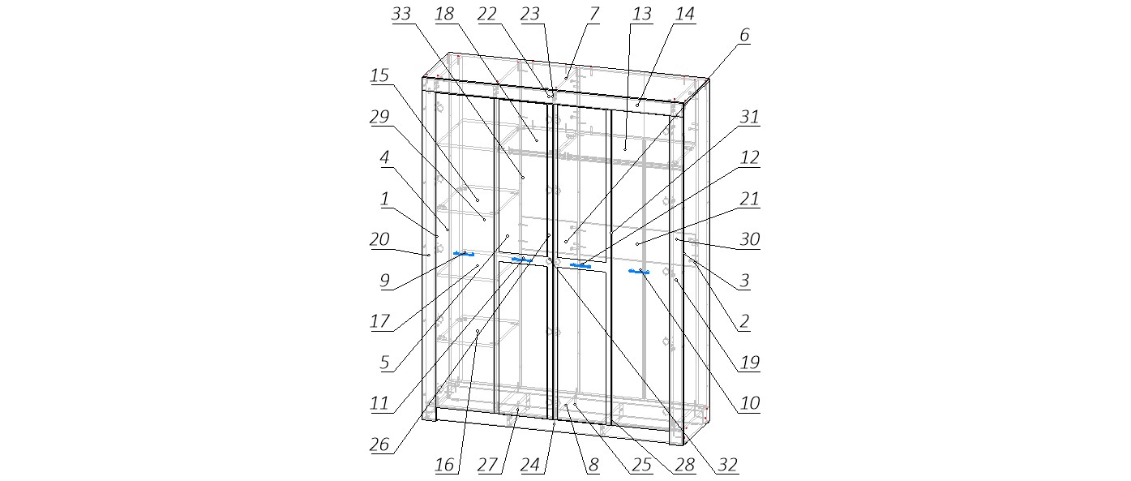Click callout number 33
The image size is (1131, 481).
(x=401, y=14)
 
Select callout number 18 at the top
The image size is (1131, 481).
(x=444, y=14)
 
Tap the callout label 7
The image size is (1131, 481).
(x=593, y=14)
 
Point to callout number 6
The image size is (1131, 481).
(x=744, y=35)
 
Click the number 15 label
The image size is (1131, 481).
(x=379, y=75)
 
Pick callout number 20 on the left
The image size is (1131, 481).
(x=379, y=239)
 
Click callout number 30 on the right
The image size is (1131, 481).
(x=750, y=239)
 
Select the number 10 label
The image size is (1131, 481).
(x=750, y=403)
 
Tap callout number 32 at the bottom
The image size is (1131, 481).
(x=727, y=465)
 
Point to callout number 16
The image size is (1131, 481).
(x=444, y=465)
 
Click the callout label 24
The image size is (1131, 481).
(x=530, y=465)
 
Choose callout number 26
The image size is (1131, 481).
(x=379, y=444)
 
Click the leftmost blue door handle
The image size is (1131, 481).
(x=464, y=254)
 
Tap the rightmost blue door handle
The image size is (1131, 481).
(x=639, y=272)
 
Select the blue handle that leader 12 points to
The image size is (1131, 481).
(x=580, y=266)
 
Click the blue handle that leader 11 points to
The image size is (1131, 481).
(x=522, y=260)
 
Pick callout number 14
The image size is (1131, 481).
(x=685, y=14)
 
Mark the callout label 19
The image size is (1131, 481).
(x=750, y=363)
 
